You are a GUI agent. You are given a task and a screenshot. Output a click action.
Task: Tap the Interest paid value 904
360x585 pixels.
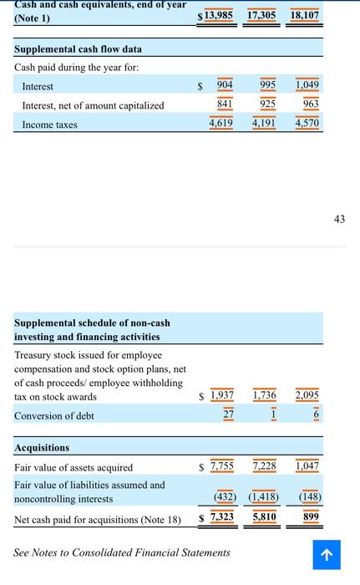[x=225, y=85]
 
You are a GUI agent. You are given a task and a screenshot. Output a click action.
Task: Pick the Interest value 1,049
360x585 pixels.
[x=307, y=85]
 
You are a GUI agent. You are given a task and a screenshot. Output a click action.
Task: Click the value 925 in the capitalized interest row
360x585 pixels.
[x=266, y=104]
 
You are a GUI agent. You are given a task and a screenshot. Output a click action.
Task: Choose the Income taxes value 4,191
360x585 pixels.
[x=265, y=124]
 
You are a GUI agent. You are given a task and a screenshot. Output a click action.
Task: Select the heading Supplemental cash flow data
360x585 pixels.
[x=79, y=48]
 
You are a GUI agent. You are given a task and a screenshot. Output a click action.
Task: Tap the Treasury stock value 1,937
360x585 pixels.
[x=222, y=394]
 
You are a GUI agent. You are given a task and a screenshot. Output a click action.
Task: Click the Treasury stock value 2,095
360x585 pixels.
[x=307, y=394]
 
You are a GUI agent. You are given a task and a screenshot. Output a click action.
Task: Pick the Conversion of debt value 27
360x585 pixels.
[x=229, y=415]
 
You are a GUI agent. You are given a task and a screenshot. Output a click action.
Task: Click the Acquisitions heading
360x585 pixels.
[x=42, y=448]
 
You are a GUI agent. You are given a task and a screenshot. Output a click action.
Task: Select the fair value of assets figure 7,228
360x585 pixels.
[x=265, y=466]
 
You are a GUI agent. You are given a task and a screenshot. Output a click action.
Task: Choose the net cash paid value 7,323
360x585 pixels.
[x=222, y=517]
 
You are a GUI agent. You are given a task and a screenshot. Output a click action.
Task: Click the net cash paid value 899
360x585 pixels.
[x=311, y=517]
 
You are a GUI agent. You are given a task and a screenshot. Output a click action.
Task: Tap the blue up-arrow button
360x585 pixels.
[x=327, y=555]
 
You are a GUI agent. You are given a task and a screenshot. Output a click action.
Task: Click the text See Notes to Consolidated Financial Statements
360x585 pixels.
[x=122, y=552]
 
